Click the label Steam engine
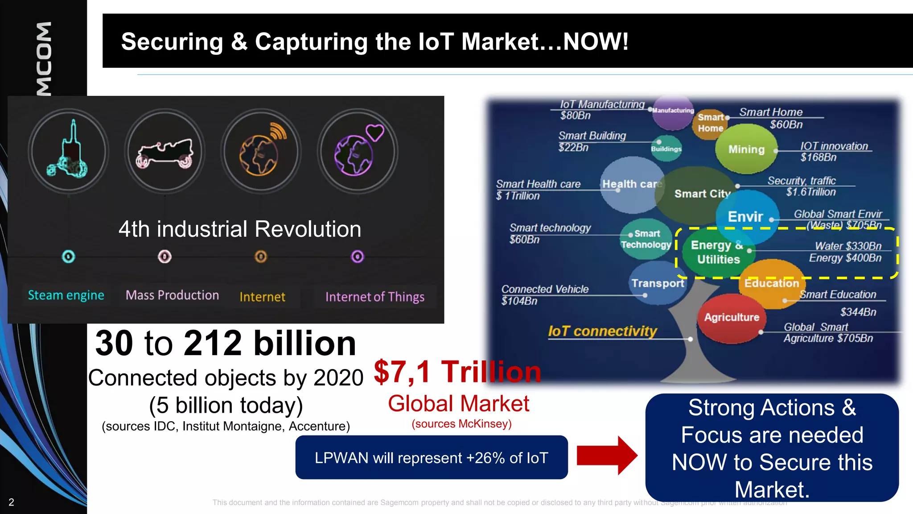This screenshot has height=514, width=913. coord(66,295)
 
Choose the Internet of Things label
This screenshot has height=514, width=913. coord(374,297)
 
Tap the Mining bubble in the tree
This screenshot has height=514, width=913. coord(746,149)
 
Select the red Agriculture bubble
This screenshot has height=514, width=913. coord(732,317)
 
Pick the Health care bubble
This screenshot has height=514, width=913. coord(630,184)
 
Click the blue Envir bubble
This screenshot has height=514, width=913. coord(745,217)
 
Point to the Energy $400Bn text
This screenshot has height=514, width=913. coord(845,258)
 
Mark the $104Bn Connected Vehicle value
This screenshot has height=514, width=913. coord(519,301)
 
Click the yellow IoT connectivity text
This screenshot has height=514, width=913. coord(602,331)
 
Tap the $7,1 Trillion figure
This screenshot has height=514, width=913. coord(457,372)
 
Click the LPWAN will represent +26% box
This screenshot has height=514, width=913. coord(431,458)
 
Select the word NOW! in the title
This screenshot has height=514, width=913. coord(596,41)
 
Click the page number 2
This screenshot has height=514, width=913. coord(12,502)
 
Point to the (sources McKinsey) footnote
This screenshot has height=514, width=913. coord(461,424)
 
